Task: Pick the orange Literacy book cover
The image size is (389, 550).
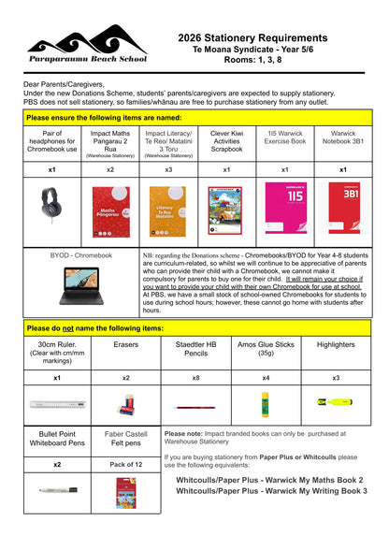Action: pyautogui.click(x=168, y=208)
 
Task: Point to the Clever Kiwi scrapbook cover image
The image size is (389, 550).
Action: pyautogui.click(x=226, y=208)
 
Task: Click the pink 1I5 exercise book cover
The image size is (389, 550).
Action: pyautogui.click(x=285, y=208)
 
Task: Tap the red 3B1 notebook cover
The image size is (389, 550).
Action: pyautogui.click(x=343, y=208)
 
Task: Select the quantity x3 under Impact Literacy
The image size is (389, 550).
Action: pyautogui.click(x=168, y=170)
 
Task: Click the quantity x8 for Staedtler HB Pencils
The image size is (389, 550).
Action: pyautogui.click(x=195, y=377)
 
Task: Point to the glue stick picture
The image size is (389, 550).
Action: pyautogui.click(x=266, y=404)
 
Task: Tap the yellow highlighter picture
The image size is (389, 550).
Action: pyautogui.click(x=336, y=402)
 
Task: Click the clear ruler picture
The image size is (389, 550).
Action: pyautogui.click(x=57, y=405)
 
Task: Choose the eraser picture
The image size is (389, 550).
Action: pyautogui.click(x=126, y=405)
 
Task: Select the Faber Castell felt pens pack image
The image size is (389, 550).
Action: pyautogui.click(x=125, y=490)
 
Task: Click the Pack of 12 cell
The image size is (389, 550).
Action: pyautogui.click(x=125, y=464)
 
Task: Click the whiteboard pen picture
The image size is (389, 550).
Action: pyautogui.click(x=58, y=489)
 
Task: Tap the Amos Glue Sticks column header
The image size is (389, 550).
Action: pyautogui.click(x=266, y=348)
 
